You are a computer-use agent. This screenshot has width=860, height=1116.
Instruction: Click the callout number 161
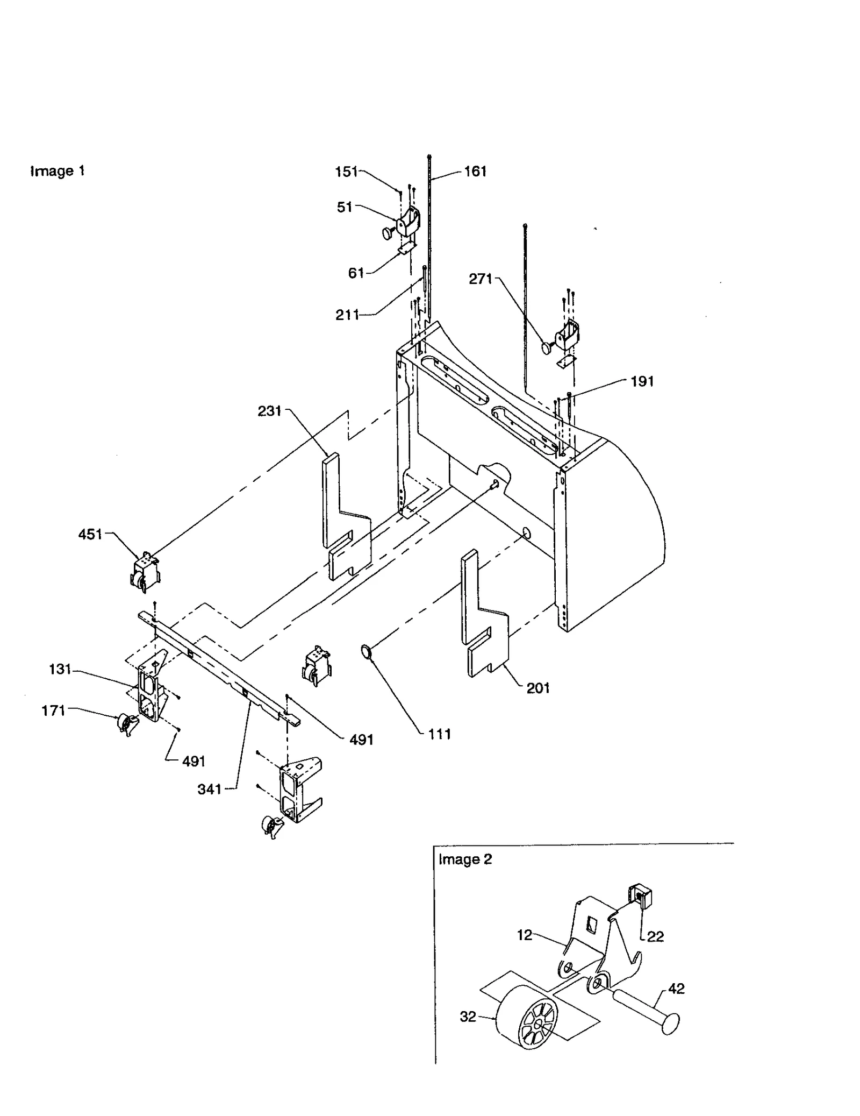475,172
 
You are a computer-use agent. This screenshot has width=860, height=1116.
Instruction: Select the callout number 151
346,172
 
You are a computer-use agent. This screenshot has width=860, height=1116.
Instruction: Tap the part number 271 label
480,279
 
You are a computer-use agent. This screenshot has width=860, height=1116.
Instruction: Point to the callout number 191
642,381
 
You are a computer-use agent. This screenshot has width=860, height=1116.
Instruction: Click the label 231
269,411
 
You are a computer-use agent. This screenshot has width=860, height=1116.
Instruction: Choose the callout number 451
90,535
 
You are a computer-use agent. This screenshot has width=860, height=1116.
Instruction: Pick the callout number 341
209,790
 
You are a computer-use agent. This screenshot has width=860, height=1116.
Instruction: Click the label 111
439,734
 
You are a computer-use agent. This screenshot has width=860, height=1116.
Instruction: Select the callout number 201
538,688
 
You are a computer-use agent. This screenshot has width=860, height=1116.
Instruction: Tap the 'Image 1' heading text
57,171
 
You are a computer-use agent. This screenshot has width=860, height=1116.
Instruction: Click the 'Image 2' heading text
465,859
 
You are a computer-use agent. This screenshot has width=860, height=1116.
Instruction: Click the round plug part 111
367,652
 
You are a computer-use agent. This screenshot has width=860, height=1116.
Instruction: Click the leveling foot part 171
126,724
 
